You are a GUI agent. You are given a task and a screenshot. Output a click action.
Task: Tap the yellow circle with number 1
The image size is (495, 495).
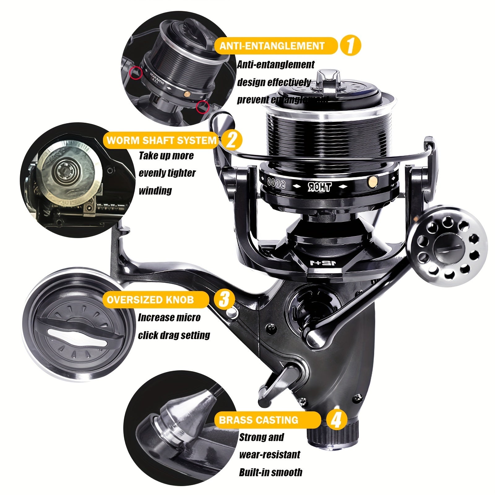coord(350,45)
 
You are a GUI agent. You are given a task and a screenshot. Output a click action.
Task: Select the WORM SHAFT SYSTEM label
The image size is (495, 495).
coord(161,140)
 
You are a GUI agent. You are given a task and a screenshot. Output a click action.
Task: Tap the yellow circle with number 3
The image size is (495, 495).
coord(224,299)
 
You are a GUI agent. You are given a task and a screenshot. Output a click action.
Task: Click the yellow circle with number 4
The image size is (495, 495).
coord(336,420)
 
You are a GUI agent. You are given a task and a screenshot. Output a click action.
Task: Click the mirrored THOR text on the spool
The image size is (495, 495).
coord(320,187)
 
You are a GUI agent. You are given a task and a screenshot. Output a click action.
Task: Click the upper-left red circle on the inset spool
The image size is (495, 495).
coord(134,73)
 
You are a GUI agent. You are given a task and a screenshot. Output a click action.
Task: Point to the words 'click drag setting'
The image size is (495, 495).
coord(174,335)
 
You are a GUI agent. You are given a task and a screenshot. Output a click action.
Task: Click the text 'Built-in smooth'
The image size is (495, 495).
coord(270,472)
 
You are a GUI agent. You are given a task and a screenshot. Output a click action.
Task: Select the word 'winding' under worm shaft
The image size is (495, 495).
coord(155,191)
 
